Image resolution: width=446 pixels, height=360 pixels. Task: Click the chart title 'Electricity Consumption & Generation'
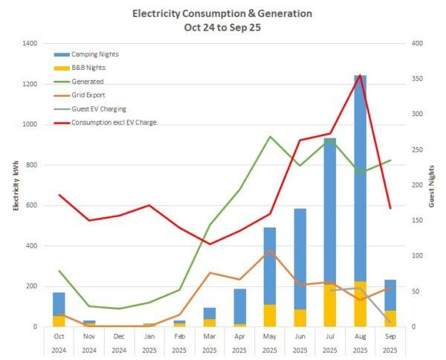pos(222,13)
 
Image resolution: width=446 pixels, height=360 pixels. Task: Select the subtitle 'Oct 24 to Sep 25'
pos(222,28)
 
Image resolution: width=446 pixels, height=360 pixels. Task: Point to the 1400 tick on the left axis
pos(30,44)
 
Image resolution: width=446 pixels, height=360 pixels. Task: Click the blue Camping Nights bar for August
pos(360,179)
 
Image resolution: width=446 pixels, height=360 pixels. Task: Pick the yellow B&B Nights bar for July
pos(329,305)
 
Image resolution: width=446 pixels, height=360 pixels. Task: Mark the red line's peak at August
pos(360,75)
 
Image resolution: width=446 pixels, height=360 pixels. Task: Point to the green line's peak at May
pos(270,137)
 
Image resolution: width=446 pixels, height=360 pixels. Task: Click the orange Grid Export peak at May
pos(270,251)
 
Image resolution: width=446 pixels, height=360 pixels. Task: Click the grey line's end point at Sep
pos(390,322)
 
